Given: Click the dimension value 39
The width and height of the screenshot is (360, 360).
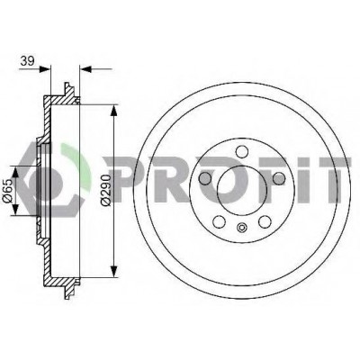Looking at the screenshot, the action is (x=27, y=61).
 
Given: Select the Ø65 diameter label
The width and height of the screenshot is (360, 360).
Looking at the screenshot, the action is (x=7, y=190).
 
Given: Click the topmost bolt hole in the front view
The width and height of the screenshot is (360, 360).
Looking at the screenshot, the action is (x=242, y=151).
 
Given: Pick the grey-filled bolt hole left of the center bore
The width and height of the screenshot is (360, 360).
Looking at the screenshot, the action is (x=205, y=178).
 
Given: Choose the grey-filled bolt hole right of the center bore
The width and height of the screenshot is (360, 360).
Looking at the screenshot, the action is (x=279, y=178).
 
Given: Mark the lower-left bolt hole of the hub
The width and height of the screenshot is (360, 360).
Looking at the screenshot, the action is (x=220, y=221).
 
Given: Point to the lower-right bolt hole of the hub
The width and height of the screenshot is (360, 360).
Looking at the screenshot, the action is (x=265, y=221).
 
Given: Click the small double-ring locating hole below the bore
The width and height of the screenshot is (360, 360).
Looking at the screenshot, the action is (x=242, y=228).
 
